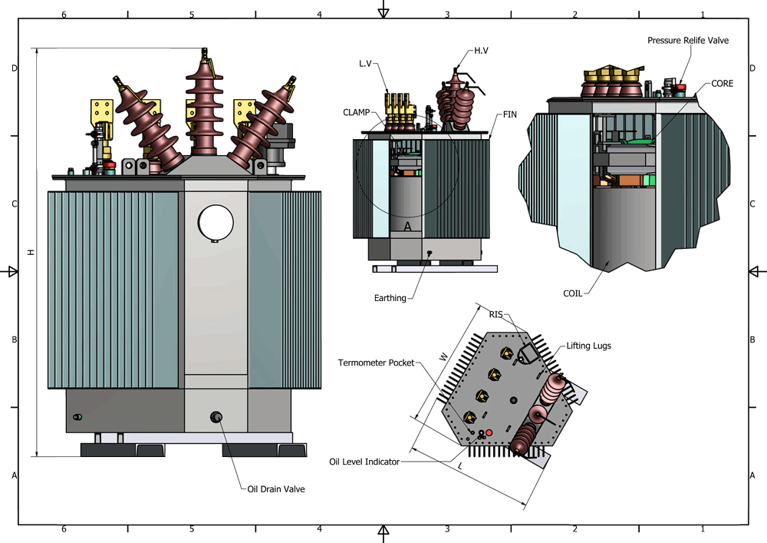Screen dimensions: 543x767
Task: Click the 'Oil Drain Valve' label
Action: [275, 489]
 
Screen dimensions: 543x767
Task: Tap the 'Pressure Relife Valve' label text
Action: [687, 40]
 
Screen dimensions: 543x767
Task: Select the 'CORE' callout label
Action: [723, 83]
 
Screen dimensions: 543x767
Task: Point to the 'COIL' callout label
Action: [572, 293]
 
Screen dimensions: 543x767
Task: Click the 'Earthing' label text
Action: [390, 298]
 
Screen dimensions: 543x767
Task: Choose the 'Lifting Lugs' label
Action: [588, 346]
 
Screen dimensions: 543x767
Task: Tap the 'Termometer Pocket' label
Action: [377, 361]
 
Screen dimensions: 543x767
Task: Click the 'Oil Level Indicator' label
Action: [364, 462]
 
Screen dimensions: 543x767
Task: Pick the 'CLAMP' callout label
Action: [357, 112]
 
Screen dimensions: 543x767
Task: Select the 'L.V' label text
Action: [366, 63]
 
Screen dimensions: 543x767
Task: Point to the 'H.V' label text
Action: [481, 51]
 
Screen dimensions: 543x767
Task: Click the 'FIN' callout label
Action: [509, 114]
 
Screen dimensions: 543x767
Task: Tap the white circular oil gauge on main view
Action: [216, 222]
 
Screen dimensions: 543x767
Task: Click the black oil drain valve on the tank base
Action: [216, 417]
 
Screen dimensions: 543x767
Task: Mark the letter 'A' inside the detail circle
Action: [407, 227]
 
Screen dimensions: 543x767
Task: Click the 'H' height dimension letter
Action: [31, 252]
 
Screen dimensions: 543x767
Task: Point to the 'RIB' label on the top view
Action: [496, 314]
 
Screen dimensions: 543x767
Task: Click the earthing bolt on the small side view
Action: [429, 253]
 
